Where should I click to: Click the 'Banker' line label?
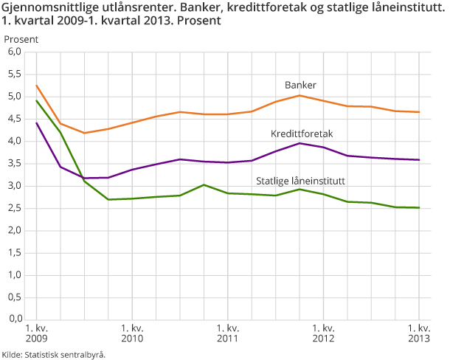pos(300,84)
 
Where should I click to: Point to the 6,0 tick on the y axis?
pos(15,52)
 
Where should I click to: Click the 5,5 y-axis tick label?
pos(15,75)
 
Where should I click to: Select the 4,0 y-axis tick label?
pos(15,142)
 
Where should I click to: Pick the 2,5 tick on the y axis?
pos(15,209)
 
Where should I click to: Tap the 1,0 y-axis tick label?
pos(15,275)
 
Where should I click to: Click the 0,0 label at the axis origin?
pos(15,319)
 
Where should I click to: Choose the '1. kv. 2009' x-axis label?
pos(36,333)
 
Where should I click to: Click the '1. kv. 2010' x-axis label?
pos(132,333)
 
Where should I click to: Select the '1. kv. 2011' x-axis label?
pos(227,333)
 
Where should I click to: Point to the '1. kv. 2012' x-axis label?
pos(323,333)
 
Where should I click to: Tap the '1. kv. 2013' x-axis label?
pos(419,333)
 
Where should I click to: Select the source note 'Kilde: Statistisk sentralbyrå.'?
pos(54,354)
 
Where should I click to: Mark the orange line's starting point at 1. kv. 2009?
pos(36,86)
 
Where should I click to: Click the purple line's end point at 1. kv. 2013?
pos(419,160)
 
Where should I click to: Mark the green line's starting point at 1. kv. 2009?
pos(36,100)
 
